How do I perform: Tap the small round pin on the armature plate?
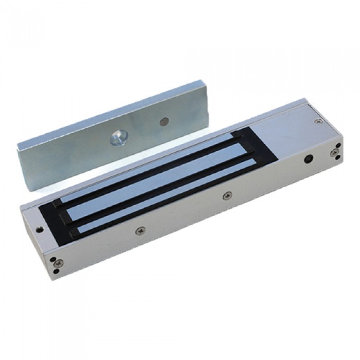[x=164, y=122]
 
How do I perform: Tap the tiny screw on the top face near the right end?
[x=319, y=121]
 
